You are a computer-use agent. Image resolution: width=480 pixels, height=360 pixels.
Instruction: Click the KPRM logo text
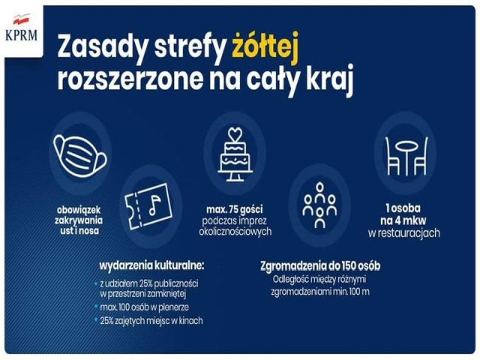[22, 35]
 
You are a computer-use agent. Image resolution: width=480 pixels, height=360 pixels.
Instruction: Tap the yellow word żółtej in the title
[265, 48]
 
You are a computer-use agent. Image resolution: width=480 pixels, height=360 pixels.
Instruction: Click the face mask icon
[80, 157]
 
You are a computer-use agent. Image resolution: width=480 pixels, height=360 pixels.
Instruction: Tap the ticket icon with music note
[148, 206]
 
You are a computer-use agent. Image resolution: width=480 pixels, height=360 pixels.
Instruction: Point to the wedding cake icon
[235, 154]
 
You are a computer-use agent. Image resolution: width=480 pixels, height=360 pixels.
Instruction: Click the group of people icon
[319, 205]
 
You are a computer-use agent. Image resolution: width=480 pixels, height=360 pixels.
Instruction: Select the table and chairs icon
[406, 156]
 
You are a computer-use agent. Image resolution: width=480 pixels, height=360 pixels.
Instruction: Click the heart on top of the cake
[235, 133]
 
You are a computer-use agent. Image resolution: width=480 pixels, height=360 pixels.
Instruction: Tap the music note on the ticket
[154, 205]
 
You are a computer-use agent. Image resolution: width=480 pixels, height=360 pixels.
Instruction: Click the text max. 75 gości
[235, 210]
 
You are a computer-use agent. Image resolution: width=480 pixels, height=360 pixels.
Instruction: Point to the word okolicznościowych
[235, 232]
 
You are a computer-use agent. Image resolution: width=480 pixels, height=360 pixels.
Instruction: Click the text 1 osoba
[403, 208]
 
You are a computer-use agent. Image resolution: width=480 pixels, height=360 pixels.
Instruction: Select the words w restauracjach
[404, 233]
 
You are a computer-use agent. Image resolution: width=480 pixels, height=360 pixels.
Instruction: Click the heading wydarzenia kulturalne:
[151, 265]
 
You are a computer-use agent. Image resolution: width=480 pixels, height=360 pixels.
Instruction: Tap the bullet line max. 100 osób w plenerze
[145, 307]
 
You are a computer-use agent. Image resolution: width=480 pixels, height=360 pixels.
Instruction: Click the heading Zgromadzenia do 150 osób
[320, 266]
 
